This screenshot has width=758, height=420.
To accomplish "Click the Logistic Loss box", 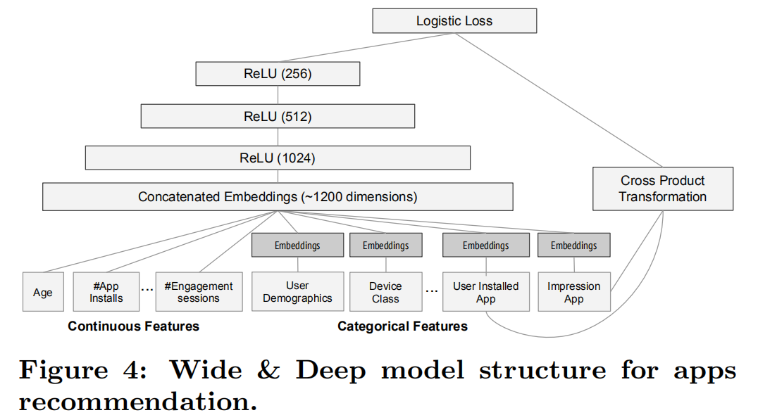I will (x=454, y=21).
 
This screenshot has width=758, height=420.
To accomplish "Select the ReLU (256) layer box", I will (x=278, y=74).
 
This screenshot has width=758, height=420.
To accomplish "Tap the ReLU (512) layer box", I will (x=278, y=117).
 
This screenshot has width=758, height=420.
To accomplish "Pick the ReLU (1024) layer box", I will (x=278, y=158).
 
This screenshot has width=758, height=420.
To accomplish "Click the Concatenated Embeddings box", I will (x=278, y=197).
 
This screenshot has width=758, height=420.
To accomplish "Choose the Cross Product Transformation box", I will (x=662, y=189).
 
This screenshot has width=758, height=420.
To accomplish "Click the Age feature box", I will (x=43, y=292).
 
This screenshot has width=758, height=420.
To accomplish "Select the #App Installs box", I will (x=106, y=292).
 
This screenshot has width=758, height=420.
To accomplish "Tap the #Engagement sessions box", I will (x=199, y=292).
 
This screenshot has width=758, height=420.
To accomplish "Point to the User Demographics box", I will (x=297, y=292).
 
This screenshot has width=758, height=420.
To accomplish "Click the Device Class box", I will (x=385, y=292).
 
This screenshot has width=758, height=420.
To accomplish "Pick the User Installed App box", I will (x=485, y=292).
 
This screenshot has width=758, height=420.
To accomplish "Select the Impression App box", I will (x=573, y=292).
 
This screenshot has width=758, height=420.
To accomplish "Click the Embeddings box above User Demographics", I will (x=297, y=246).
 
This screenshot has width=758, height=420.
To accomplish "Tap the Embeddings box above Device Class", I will (x=385, y=246).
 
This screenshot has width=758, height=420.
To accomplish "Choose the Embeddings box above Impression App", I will (x=573, y=246).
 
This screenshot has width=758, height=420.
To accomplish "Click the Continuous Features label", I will (x=133, y=326).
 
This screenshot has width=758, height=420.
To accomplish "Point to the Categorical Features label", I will (x=402, y=326).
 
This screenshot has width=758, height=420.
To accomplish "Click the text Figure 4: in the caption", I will (x=83, y=371).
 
